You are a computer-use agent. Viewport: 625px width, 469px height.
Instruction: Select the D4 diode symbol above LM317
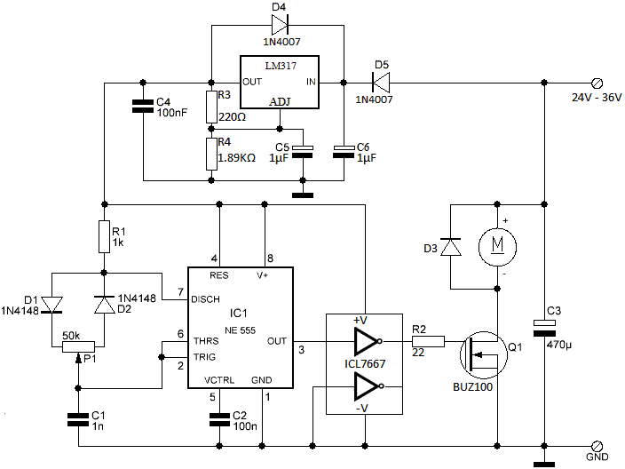click(277, 26)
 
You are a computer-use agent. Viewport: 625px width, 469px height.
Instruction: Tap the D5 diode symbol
click(382, 83)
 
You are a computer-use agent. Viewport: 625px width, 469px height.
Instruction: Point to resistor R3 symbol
click(211, 107)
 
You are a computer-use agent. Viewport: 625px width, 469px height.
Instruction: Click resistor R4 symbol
click(211, 154)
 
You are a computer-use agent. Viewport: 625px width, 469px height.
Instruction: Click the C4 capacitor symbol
click(142, 107)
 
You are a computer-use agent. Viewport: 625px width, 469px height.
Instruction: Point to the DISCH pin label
click(206, 299)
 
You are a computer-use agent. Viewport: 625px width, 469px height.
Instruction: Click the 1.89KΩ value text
click(237, 157)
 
